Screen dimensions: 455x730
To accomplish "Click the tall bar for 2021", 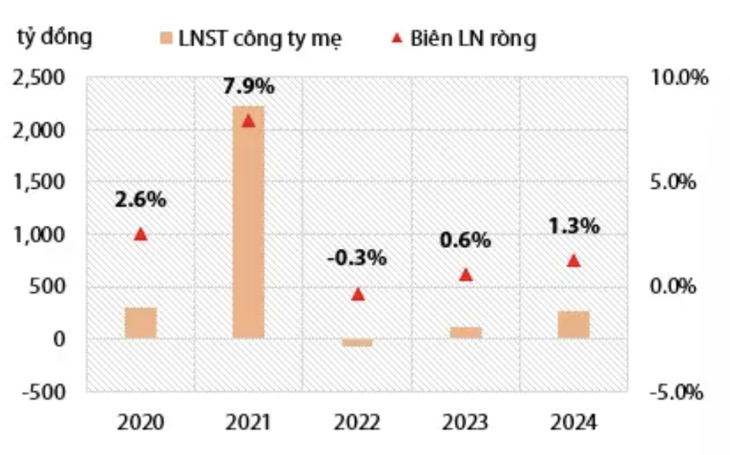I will (x=248, y=221).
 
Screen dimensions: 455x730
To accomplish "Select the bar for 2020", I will (x=140, y=322).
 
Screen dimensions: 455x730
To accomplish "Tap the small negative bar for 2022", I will (x=357, y=342).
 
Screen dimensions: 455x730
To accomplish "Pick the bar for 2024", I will (x=574, y=324).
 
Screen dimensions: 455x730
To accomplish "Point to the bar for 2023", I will (x=466, y=332).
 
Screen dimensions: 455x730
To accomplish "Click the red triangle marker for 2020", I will (x=140, y=234).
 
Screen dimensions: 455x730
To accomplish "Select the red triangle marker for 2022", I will (x=358, y=294).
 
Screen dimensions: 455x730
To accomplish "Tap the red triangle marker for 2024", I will (x=574, y=260).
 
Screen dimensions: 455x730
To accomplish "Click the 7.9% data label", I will (x=248, y=87).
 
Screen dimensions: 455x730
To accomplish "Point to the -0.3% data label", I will (x=357, y=258).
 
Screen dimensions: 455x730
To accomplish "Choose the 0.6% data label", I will (x=466, y=240).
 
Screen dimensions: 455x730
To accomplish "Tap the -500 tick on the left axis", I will (x=46, y=391).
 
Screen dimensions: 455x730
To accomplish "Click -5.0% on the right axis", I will (x=677, y=391).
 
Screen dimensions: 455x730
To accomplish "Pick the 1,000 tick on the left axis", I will (x=40, y=235).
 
